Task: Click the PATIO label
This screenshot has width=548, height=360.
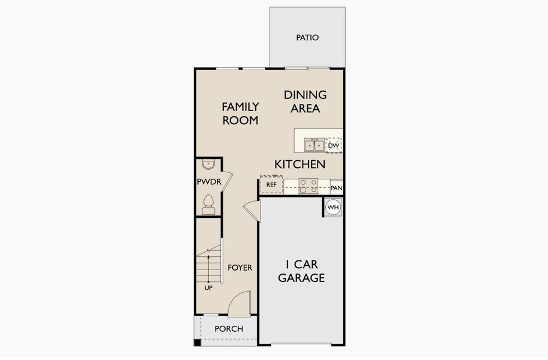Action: pos(307,38)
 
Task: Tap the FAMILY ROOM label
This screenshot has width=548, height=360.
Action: pos(240,113)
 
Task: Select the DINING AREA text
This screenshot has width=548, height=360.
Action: pos(305,101)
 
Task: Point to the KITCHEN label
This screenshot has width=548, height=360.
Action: pos(300,164)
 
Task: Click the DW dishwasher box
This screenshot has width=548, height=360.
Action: pos(334,145)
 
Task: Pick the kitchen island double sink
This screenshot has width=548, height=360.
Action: pos(314,145)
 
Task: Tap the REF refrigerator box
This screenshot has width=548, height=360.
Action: pos(271,184)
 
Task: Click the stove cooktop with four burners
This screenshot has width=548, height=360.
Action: pos(309,186)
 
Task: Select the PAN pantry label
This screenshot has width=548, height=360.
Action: pos(336,188)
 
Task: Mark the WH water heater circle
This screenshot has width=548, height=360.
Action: pos(333,208)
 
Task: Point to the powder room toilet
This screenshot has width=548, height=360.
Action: pos(208,204)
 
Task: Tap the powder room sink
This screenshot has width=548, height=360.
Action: pos(208,165)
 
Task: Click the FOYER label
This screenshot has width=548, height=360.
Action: pos(240,268)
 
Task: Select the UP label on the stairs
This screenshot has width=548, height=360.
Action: pos(208,287)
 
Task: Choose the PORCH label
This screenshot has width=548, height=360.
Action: pos(229,329)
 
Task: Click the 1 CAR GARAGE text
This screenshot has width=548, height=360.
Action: pos(305,271)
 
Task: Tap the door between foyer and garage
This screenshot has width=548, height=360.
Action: pos(251,211)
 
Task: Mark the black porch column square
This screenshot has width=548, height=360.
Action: pos(197,343)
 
